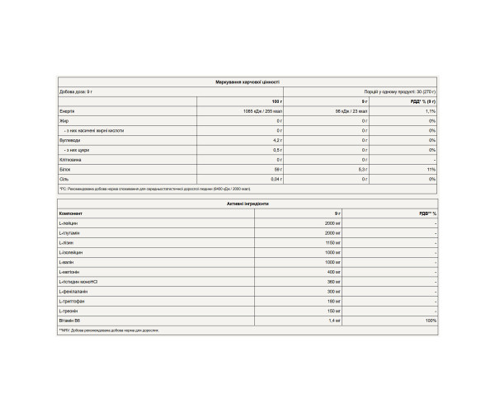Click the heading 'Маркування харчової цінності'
pyautogui.click(x=247, y=82)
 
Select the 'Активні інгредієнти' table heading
pyautogui.click(x=247, y=202)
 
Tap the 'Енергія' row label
pyautogui.click(x=68, y=110)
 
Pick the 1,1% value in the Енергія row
pyautogui.click(x=429, y=110)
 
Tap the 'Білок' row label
pyautogui.click(x=66, y=168)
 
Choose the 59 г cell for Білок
pyautogui.click(x=278, y=168)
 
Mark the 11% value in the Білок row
pyautogui.click(x=431, y=168)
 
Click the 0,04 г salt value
pyautogui.click(x=276, y=178)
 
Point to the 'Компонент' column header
pyautogui.click(x=71, y=213)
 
